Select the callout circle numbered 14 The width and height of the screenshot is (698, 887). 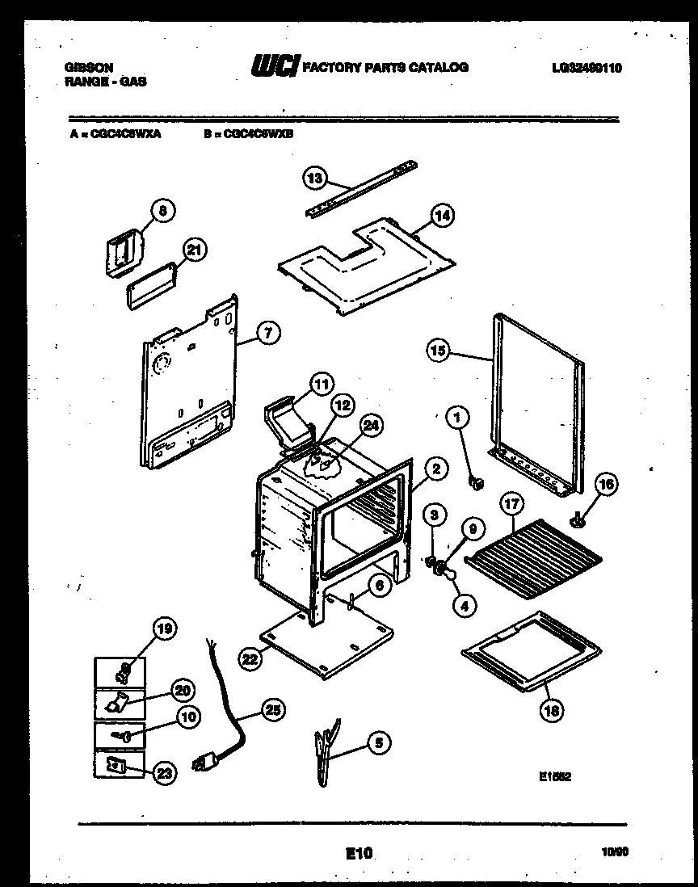tap(442, 215)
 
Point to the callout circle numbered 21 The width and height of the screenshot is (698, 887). tap(192, 250)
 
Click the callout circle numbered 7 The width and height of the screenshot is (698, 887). tap(269, 331)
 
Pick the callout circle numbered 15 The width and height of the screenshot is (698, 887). tap(438, 351)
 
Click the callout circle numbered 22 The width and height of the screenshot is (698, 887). tap(250, 659)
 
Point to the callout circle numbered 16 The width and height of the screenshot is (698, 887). tap(605, 485)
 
